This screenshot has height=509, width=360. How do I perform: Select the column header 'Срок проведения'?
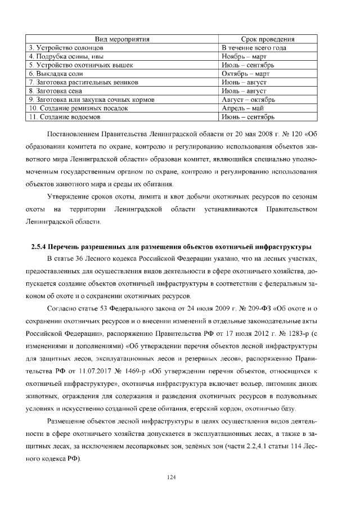click(x=268, y=39)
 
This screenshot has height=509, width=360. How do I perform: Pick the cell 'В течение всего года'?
click(x=254, y=48)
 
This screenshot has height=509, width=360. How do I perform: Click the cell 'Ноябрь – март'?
click(x=244, y=56)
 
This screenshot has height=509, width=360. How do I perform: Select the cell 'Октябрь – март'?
click(x=245, y=74)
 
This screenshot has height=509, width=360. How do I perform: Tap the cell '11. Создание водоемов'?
click(x=64, y=117)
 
